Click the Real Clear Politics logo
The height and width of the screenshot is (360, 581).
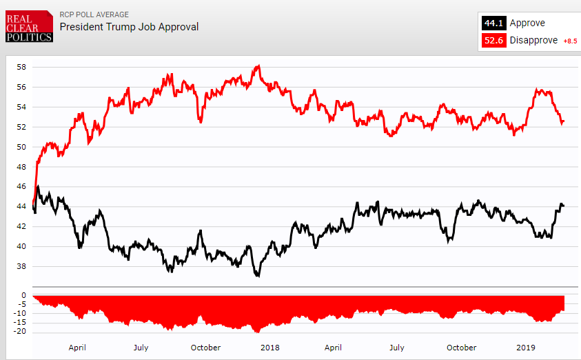(x=28, y=26)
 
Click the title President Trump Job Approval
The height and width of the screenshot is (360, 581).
(x=129, y=27)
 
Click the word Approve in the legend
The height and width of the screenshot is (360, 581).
(x=527, y=23)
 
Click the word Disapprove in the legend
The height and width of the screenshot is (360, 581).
(x=533, y=41)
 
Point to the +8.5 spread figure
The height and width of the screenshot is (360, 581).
(x=570, y=41)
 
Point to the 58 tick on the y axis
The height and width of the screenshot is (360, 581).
(x=21, y=68)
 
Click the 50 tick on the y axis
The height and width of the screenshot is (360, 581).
(x=21, y=147)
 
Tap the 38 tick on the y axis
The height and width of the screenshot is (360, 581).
(x=21, y=266)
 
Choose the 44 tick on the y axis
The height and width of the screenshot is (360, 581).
(x=21, y=207)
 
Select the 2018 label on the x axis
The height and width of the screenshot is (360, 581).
(x=269, y=348)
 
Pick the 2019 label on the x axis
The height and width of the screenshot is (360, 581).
(x=526, y=348)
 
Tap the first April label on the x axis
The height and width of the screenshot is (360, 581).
(x=77, y=348)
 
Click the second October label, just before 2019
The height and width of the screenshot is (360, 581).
(x=461, y=348)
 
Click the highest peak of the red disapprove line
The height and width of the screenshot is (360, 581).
(x=258, y=66)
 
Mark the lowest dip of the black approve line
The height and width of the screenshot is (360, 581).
(x=258, y=276)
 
